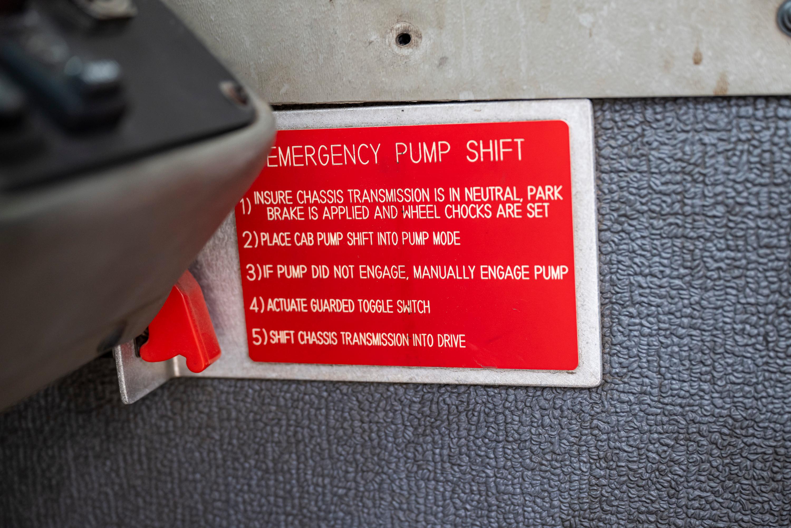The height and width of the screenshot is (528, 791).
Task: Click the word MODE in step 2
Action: [446, 238]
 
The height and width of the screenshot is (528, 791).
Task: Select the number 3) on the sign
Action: [254, 272]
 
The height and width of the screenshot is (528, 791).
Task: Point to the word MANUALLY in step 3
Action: [444, 272]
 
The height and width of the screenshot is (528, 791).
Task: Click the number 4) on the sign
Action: [257, 305]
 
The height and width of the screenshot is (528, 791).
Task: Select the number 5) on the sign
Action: [260, 337]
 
